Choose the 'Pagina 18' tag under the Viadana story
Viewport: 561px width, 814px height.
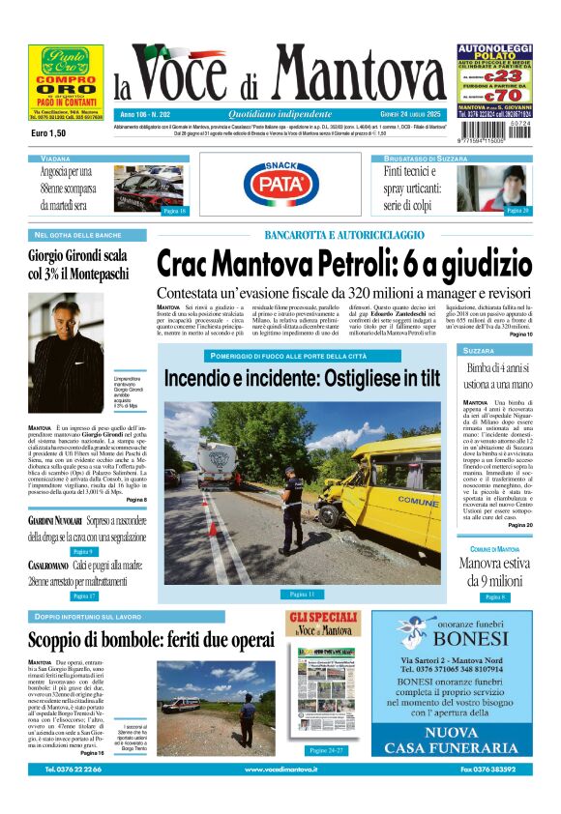[174, 211]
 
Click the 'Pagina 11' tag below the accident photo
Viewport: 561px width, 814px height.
[303, 594]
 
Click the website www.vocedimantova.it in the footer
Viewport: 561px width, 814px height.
[280, 770]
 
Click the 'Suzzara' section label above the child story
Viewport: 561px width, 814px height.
[479, 350]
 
